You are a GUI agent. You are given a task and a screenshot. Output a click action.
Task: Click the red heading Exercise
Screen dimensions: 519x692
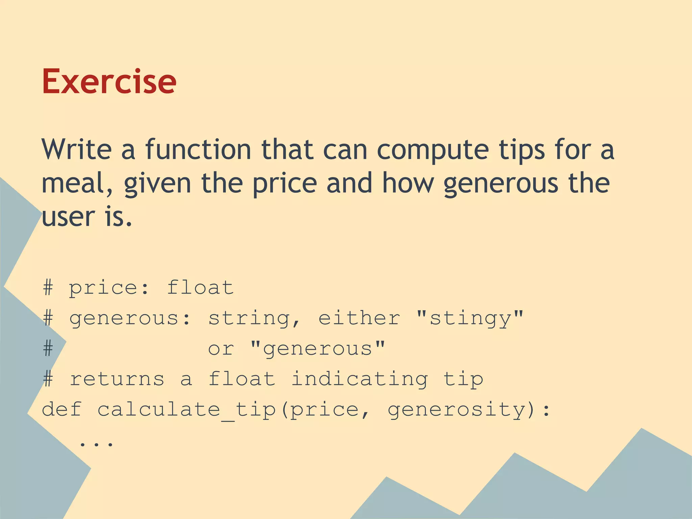pyautogui.click(x=109, y=81)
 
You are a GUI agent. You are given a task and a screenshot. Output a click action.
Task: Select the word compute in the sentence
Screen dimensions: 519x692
pyautogui.click(x=432, y=150)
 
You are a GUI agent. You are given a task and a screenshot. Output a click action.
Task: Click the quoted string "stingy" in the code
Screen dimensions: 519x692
pyautogui.click(x=470, y=318)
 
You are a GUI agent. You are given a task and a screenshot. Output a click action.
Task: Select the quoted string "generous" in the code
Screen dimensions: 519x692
pyautogui.click(x=318, y=349)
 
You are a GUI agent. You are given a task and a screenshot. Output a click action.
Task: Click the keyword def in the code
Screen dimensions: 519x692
pyautogui.click(x=62, y=409)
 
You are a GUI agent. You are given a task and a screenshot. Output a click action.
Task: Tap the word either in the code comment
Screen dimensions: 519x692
pyautogui.click(x=359, y=318)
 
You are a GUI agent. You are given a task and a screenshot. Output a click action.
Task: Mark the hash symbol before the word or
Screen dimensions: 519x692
pyautogui.click(x=48, y=349)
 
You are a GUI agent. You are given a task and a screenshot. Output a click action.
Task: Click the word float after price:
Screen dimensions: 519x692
pyautogui.click(x=200, y=288)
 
